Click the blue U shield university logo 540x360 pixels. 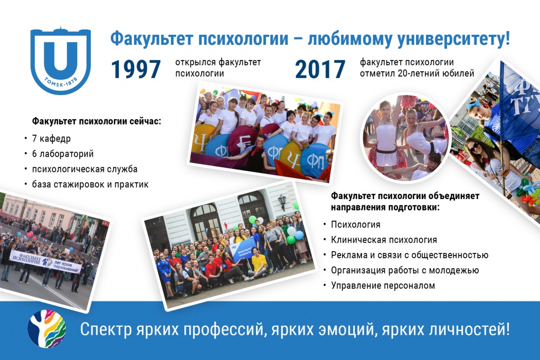[61, 60]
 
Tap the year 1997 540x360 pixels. [136, 69]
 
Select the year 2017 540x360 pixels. [320, 69]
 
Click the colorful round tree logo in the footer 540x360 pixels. [47, 328]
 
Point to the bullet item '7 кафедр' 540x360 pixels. [51, 138]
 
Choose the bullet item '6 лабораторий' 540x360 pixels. [63, 154]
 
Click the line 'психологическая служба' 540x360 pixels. [84, 169]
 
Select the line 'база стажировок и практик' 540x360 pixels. [90, 184]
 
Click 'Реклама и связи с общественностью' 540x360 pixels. [410, 255]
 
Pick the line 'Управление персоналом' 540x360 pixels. [383, 286]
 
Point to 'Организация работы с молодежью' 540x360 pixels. [405, 270]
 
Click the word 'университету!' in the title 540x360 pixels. [453, 39]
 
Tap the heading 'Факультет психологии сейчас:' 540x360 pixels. [97, 121]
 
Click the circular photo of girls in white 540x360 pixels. [405, 138]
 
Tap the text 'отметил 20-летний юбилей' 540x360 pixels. [417, 73]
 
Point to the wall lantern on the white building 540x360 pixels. [282, 202]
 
